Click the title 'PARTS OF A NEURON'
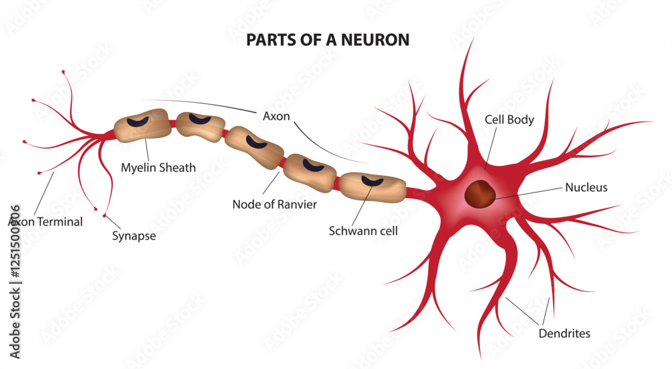[x=327, y=40]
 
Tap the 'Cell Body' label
[x=509, y=120]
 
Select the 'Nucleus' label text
[x=586, y=188]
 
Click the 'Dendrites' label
[x=564, y=333]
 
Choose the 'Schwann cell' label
[x=363, y=231]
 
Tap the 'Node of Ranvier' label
[x=274, y=204]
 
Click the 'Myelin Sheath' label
[x=159, y=168]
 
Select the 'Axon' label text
[x=276, y=116]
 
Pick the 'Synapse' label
[x=134, y=235]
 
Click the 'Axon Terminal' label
[x=46, y=221]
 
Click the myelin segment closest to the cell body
[x=372, y=187]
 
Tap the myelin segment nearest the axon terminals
[x=142, y=125]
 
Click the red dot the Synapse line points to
[x=104, y=215]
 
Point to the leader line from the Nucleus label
[x=528, y=193]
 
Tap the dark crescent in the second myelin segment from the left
[x=200, y=119]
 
